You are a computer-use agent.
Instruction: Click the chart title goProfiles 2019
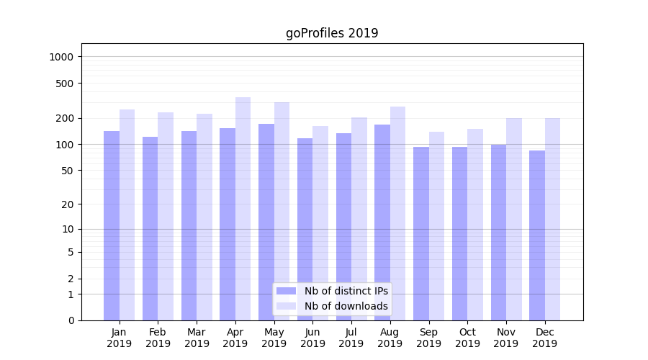(332, 33)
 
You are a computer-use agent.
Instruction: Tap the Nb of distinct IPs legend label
(346, 291)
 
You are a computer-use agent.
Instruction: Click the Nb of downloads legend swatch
(287, 306)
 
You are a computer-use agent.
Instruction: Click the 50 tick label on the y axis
(69, 171)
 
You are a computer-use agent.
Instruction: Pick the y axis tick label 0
(71, 320)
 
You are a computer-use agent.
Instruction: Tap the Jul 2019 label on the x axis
(351, 338)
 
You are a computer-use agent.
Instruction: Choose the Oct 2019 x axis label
(467, 338)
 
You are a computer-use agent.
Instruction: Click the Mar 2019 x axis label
(197, 338)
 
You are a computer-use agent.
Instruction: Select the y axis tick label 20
(69, 204)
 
